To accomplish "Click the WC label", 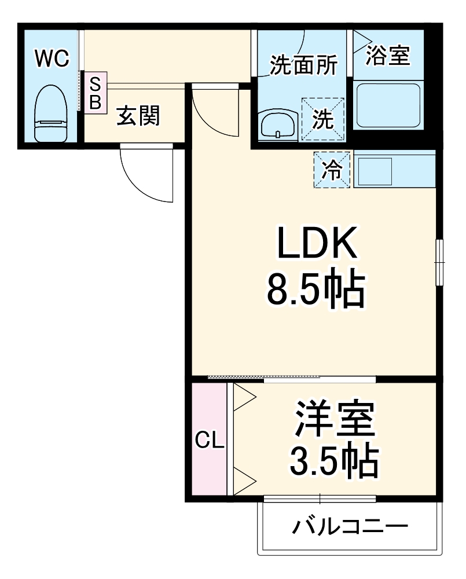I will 52,58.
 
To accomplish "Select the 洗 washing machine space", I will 322,119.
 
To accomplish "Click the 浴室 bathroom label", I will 388,56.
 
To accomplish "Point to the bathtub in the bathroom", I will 387,105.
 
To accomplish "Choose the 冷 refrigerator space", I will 332,170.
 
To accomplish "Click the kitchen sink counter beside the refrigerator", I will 394,169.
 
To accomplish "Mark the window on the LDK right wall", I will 439,262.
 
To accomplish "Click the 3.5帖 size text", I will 335,460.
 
